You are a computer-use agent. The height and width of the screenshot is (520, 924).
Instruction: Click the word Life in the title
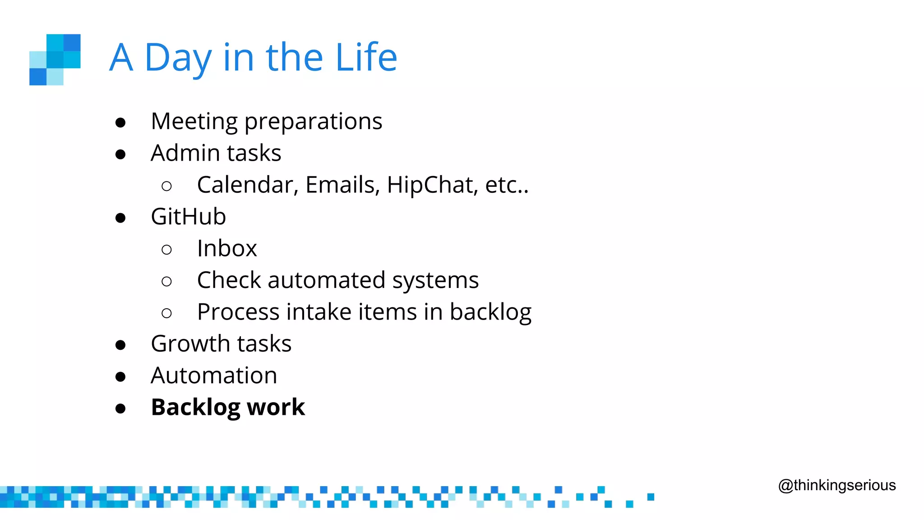click(x=366, y=57)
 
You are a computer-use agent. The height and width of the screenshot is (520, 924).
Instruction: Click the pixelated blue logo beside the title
click(x=55, y=60)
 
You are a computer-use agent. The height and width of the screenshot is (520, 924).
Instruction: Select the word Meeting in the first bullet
click(x=194, y=122)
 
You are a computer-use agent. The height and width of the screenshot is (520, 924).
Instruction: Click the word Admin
click(x=185, y=153)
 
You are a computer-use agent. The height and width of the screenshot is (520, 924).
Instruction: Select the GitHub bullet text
click(x=188, y=217)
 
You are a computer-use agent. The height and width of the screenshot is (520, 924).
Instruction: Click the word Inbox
click(x=227, y=248)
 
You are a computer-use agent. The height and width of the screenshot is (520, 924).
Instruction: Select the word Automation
click(x=214, y=376)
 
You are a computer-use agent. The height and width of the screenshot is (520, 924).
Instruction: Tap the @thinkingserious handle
click(x=837, y=485)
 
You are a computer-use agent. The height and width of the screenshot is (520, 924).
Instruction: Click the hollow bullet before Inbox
click(x=166, y=249)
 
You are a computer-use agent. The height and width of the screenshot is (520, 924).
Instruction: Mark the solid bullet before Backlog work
click(x=120, y=409)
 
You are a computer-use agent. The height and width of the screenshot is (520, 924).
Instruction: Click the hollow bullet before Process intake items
click(x=166, y=313)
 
